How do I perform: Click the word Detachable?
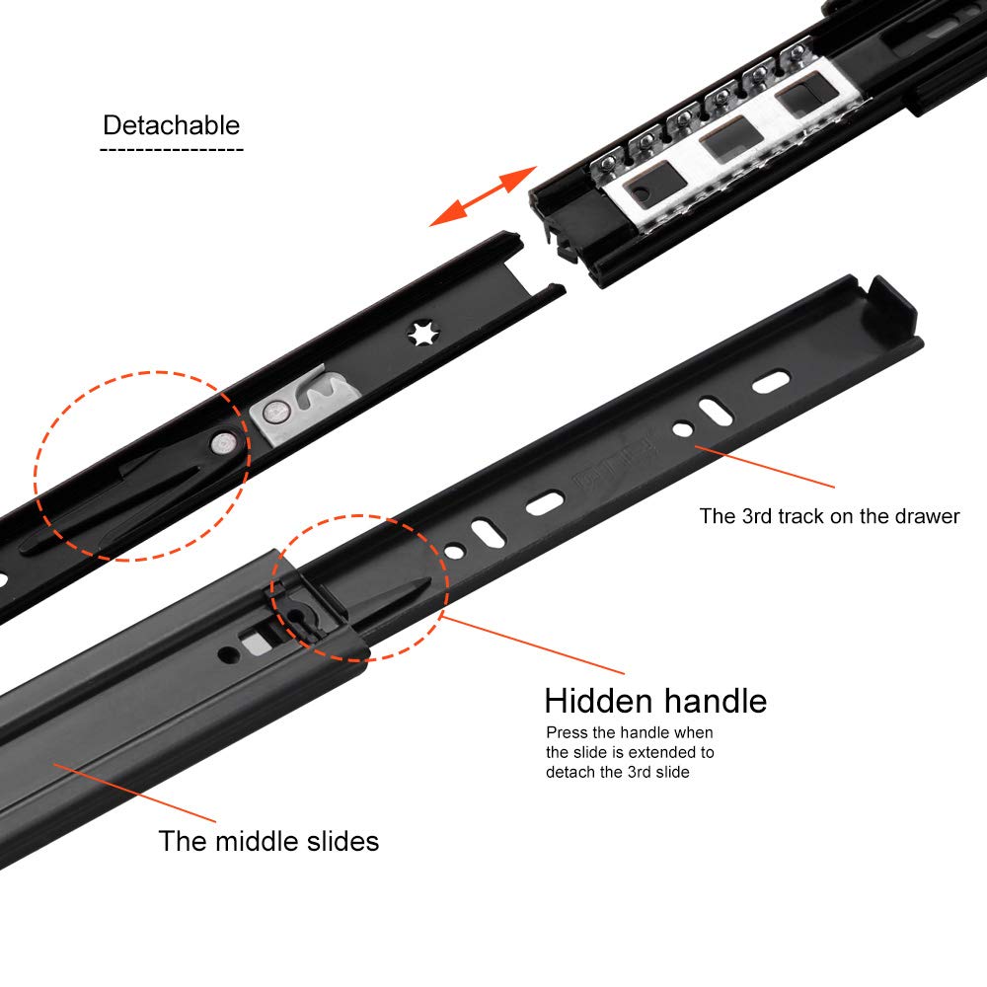(x=171, y=125)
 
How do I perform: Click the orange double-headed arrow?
(x=482, y=196)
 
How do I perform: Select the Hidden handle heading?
(x=655, y=701)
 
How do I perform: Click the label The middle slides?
(x=268, y=842)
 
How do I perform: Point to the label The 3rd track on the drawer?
(x=829, y=516)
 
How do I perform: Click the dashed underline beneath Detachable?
(x=171, y=150)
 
